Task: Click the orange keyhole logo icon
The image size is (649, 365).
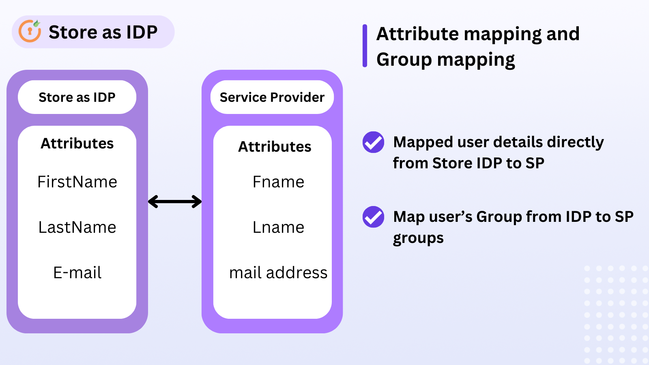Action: pos(30,31)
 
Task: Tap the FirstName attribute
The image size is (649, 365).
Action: pos(77,182)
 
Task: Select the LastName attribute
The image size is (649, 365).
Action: pos(77,228)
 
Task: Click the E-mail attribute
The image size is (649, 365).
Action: pos(77,273)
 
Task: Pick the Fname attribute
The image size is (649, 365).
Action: pos(278,182)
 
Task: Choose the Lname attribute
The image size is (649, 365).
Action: pos(278,228)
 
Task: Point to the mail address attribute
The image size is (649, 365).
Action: pos(278,273)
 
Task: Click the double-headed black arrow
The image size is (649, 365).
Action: pos(175,202)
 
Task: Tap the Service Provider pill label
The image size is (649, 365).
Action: pos(272,97)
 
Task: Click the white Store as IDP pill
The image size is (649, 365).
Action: pos(77,97)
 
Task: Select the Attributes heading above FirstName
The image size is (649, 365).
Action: pos(77,144)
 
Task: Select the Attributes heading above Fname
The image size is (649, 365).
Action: pos(275,147)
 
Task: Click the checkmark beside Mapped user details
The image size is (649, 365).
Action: pos(373,142)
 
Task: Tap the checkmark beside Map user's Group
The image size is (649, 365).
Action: pos(373,217)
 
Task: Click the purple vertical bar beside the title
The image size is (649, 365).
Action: pos(365,46)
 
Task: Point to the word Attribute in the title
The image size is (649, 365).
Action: pos(417,34)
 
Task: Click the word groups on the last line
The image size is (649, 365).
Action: pos(418,238)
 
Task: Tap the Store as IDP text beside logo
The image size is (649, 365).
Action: pos(103,32)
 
